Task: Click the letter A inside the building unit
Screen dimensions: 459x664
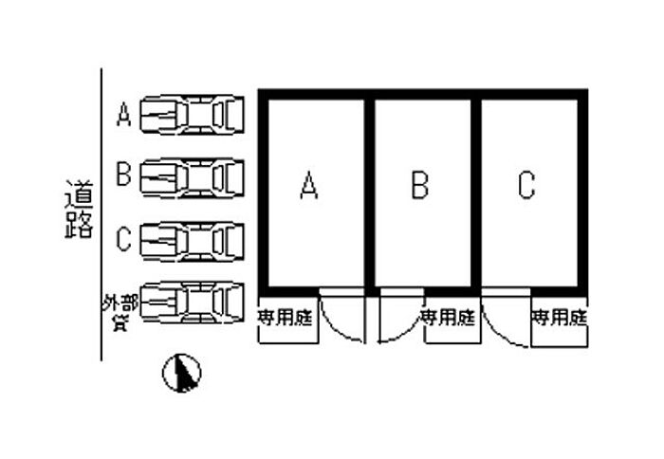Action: click(x=307, y=185)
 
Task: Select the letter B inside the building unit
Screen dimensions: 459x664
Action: click(x=419, y=185)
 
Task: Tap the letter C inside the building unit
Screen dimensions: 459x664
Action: click(x=527, y=185)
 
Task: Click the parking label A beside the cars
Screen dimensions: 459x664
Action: click(x=123, y=116)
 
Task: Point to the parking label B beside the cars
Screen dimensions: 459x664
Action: click(x=123, y=175)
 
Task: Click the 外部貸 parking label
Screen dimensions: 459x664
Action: click(x=120, y=311)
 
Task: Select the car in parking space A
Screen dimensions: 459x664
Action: click(x=193, y=115)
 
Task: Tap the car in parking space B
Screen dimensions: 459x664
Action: click(x=193, y=175)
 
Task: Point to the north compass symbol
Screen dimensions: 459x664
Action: click(x=182, y=373)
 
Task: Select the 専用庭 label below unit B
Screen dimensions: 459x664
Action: click(x=447, y=315)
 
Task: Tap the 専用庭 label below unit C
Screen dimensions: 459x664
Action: click(x=560, y=315)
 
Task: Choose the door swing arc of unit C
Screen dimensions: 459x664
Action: click(x=504, y=317)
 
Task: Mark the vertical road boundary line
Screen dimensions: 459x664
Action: click(x=101, y=218)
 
